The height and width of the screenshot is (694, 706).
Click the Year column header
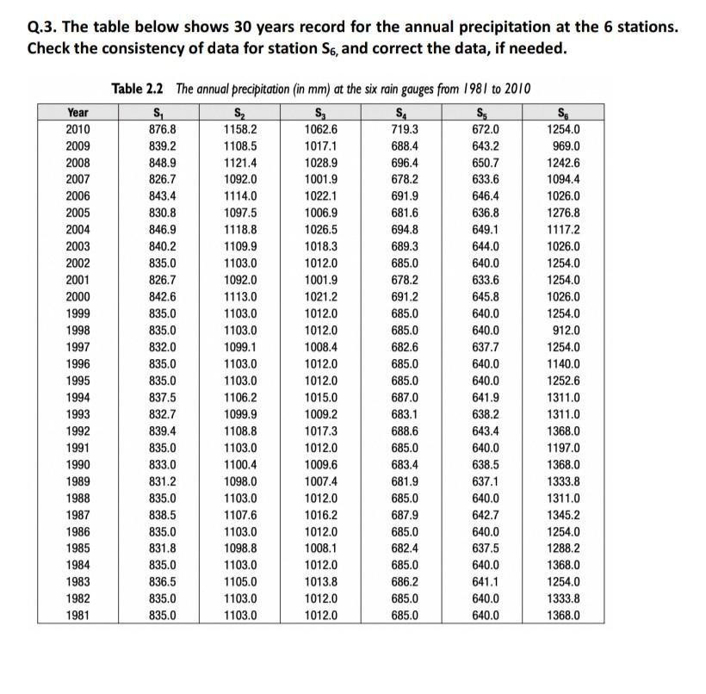coord(77,112)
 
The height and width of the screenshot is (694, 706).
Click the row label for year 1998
coord(77,331)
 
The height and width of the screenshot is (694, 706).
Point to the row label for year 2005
coord(77,213)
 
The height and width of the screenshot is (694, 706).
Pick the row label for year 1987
coord(77,515)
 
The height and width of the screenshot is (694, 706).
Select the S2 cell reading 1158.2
coord(240,129)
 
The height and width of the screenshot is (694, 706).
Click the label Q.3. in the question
coord(45,28)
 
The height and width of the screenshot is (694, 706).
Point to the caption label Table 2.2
coord(140,89)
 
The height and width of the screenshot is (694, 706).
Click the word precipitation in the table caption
coord(258,89)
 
